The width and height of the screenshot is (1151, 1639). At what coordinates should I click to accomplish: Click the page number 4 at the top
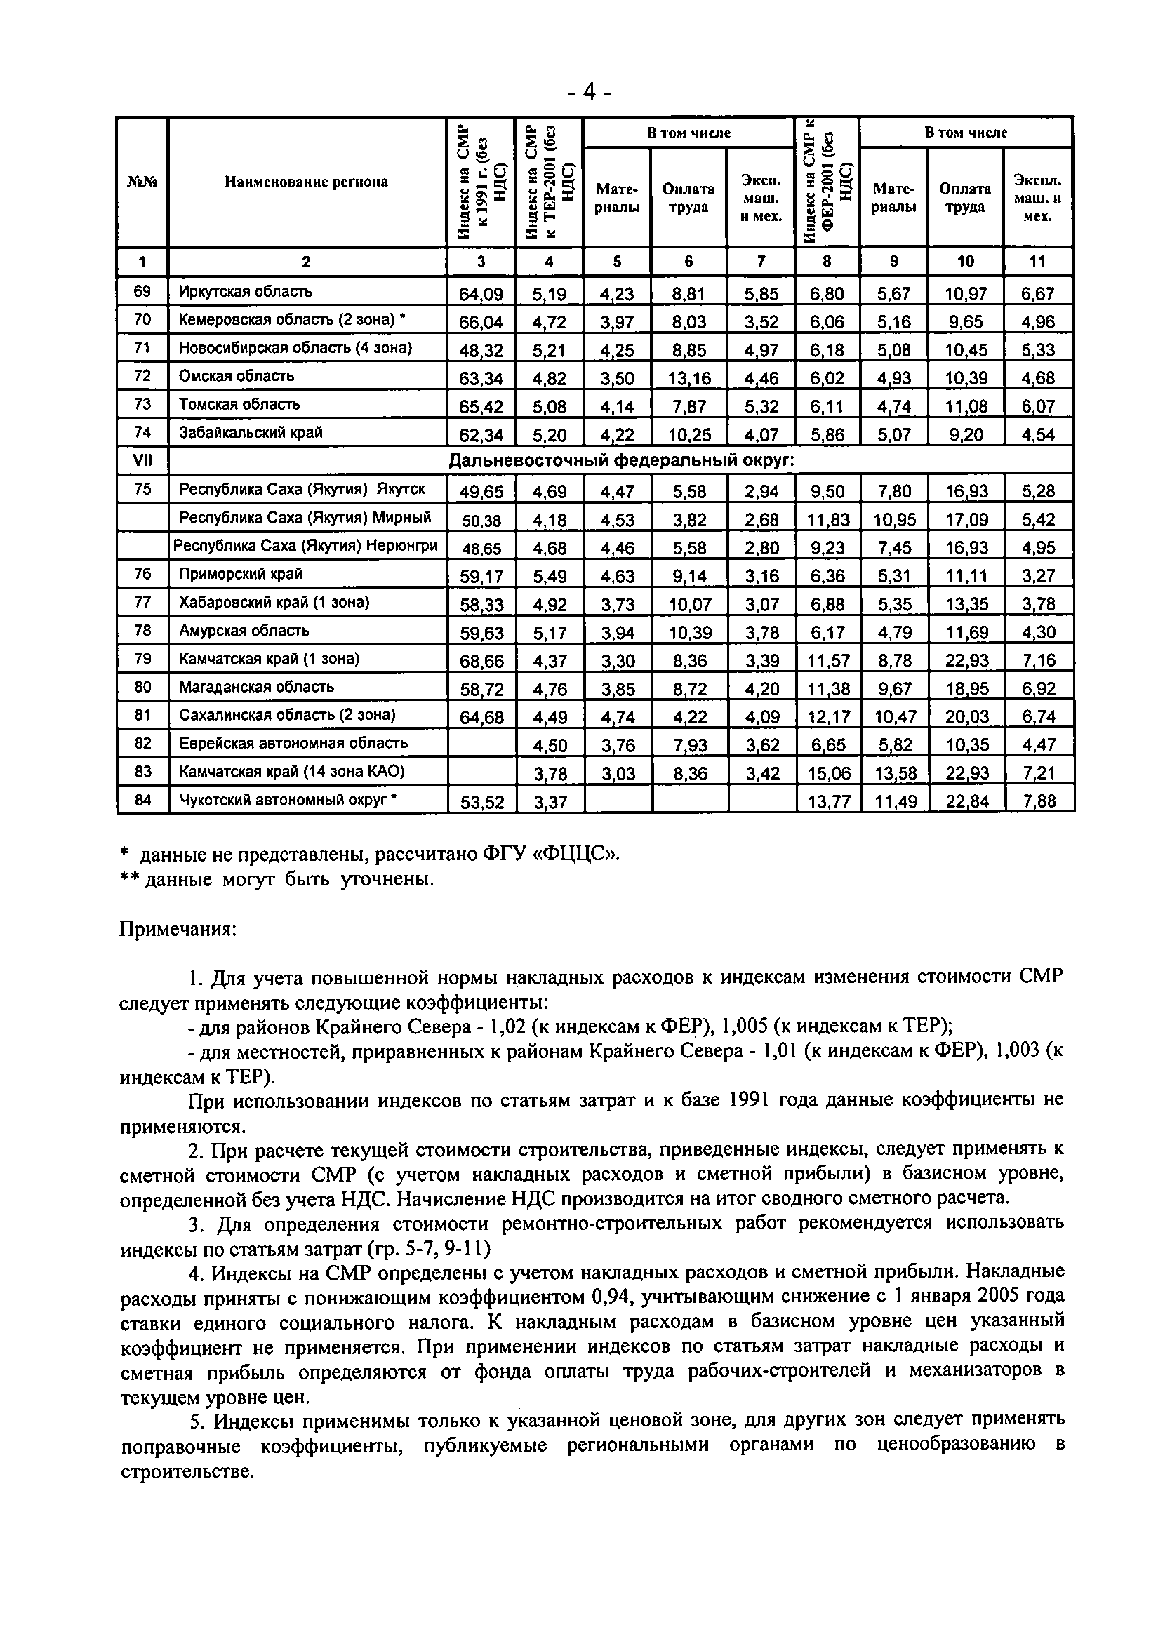pyautogui.click(x=588, y=92)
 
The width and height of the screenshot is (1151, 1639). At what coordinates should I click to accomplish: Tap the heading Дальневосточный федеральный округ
pyautogui.click(x=621, y=461)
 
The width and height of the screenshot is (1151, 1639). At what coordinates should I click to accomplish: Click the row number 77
pyautogui.click(x=142, y=603)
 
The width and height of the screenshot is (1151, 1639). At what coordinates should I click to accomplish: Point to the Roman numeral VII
pyautogui.click(x=142, y=461)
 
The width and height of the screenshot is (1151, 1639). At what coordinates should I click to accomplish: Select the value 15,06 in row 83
pyautogui.click(x=827, y=773)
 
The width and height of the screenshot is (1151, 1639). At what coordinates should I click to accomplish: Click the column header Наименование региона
pyautogui.click(x=306, y=182)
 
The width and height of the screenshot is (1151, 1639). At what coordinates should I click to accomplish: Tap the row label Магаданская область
pyautogui.click(x=256, y=687)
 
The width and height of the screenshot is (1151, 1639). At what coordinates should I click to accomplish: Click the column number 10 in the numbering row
pyautogui.click(x=965, y=262)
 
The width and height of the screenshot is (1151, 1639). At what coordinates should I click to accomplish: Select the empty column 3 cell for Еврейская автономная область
pyautogui.click(x=481, y=744)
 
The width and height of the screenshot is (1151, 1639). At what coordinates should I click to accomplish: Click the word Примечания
pyautogui.click(x=177, y=930)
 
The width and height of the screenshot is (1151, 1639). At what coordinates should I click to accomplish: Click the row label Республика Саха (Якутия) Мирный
pyautogui.click(x=305, y=517)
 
